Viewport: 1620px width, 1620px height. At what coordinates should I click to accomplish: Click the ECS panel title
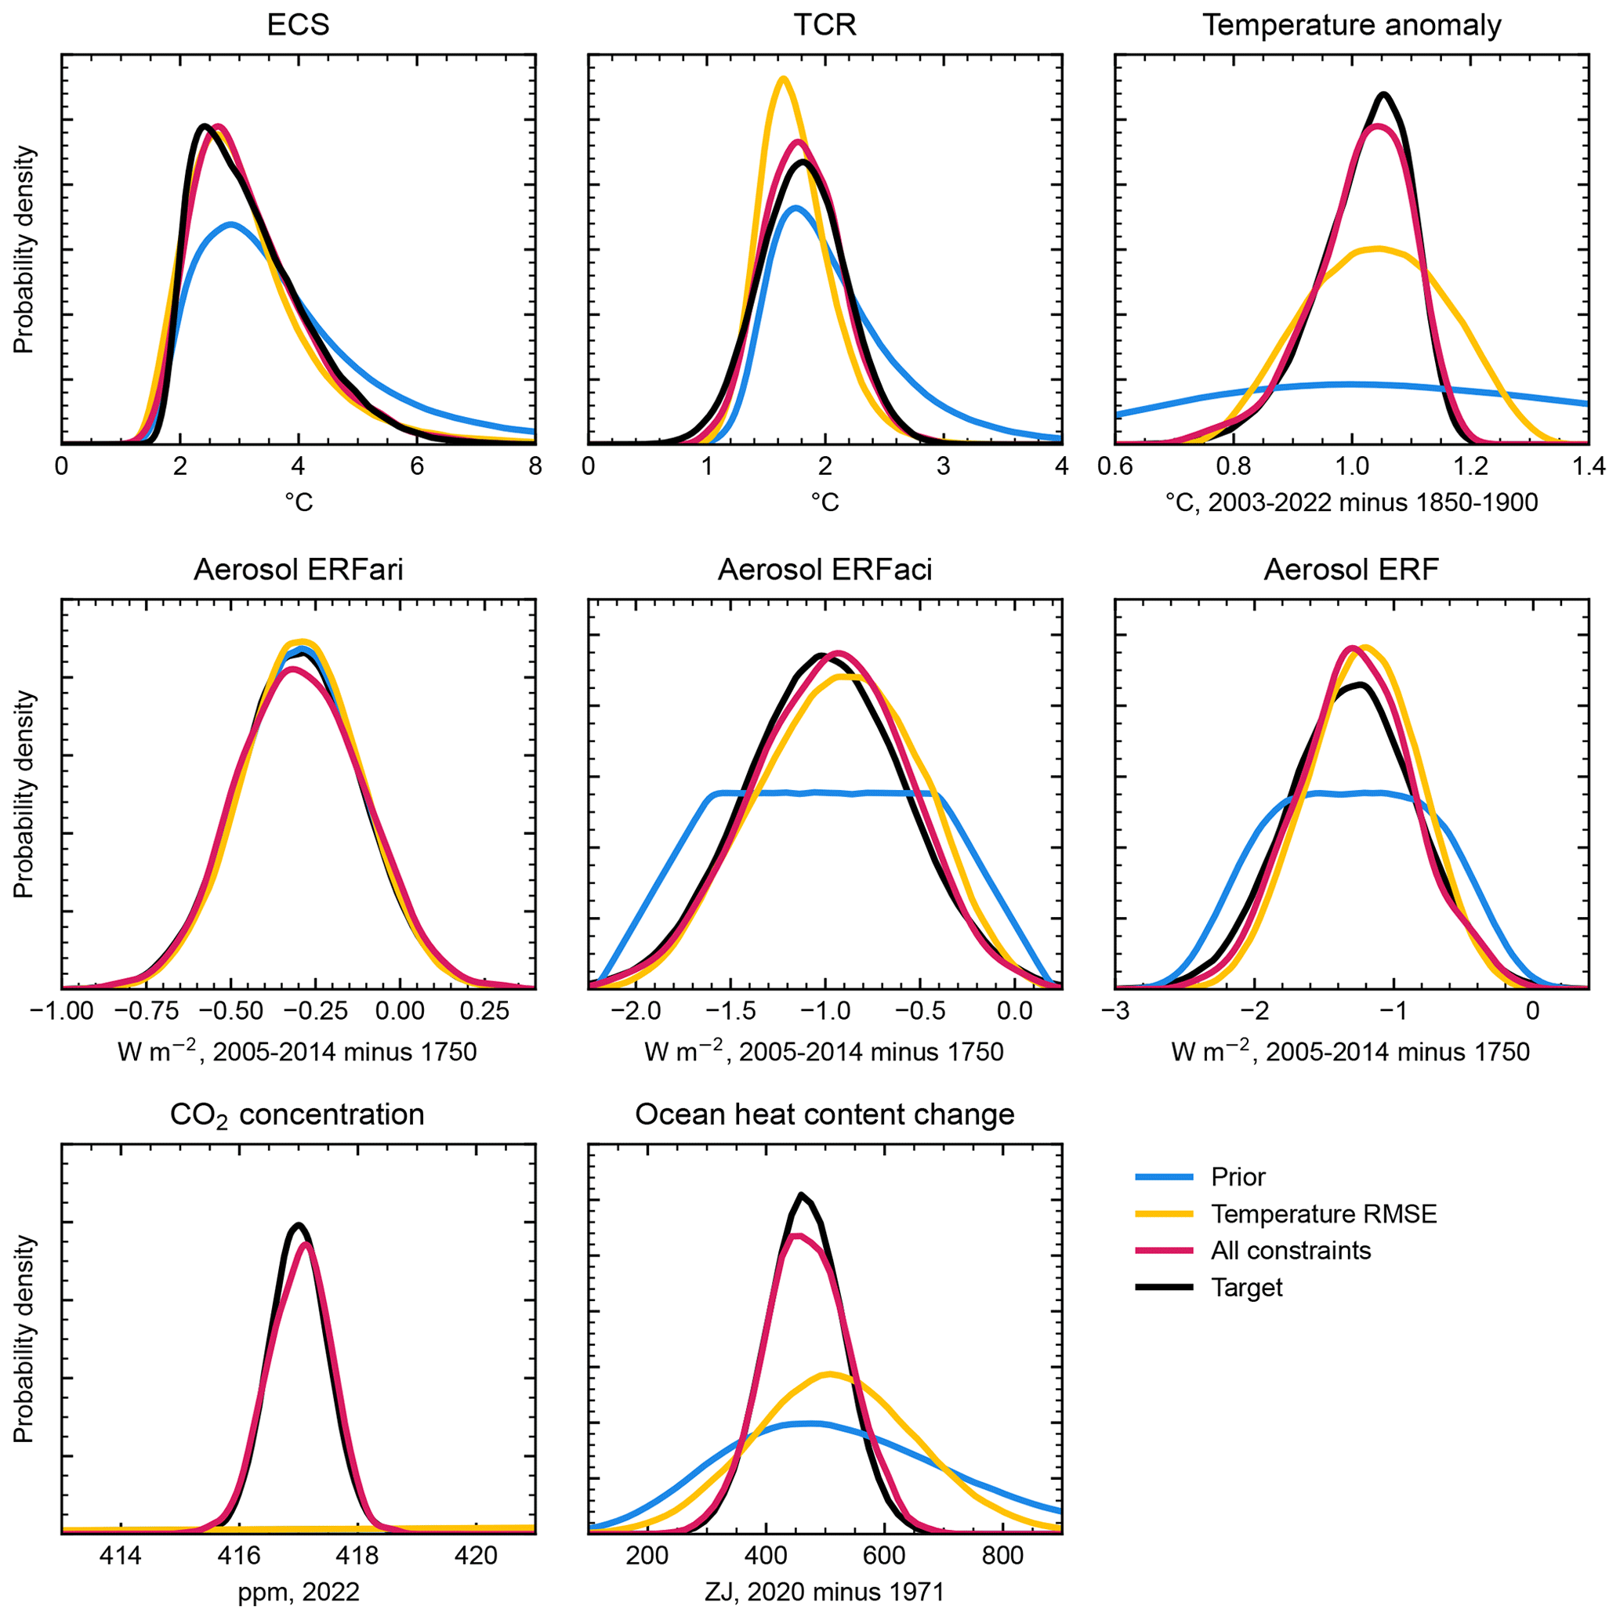pyautogui.click(x=298, y=25)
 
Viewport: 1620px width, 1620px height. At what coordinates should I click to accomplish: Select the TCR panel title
pyautogui.click(x=825, y=25)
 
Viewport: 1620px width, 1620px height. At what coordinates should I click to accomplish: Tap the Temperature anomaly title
pyautogui.click(x=1352, y=25)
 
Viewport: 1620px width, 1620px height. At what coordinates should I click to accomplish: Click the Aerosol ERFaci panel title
pyautogui.click(x=825, y=571)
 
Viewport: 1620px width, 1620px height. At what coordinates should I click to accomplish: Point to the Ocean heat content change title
pyautogui.click(x=825, y=1114)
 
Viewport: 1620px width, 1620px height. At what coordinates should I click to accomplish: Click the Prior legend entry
pyautogui.click(x=1238, y=1177)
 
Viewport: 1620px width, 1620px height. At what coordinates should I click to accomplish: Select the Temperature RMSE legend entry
pyautogui.click(x=1323, y=1214)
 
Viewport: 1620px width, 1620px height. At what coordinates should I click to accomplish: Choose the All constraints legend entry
pyautogui.click(x=1291, y=1250)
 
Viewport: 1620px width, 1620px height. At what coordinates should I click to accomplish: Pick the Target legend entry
pyautogui.click(x=1246, y=1287)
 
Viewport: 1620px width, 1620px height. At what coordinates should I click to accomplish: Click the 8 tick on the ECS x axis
pyautogui.click(x=535, y=466)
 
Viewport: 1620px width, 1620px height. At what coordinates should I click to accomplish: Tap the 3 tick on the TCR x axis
pyautogui.click(x=944, y=466)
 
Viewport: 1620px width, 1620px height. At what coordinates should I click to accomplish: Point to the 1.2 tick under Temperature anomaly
pyautogui.click(x=1470, y=466)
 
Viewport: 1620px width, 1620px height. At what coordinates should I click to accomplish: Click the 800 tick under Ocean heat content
pyautogui.click(x=1002, y=1557)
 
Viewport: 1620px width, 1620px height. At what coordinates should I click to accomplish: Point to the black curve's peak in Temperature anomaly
pyautogui.click(x=1383, y=94)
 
